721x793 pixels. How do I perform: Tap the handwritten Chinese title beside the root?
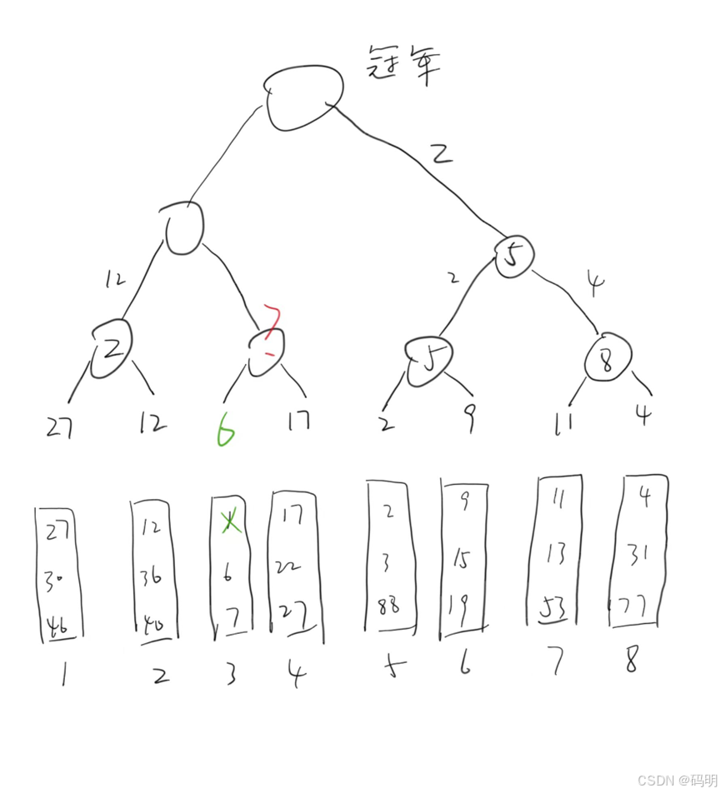403,65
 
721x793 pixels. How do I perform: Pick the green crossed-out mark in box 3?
227,522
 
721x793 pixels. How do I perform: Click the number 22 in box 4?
289,566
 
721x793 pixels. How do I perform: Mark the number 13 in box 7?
558,551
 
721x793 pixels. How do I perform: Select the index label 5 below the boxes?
389,667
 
